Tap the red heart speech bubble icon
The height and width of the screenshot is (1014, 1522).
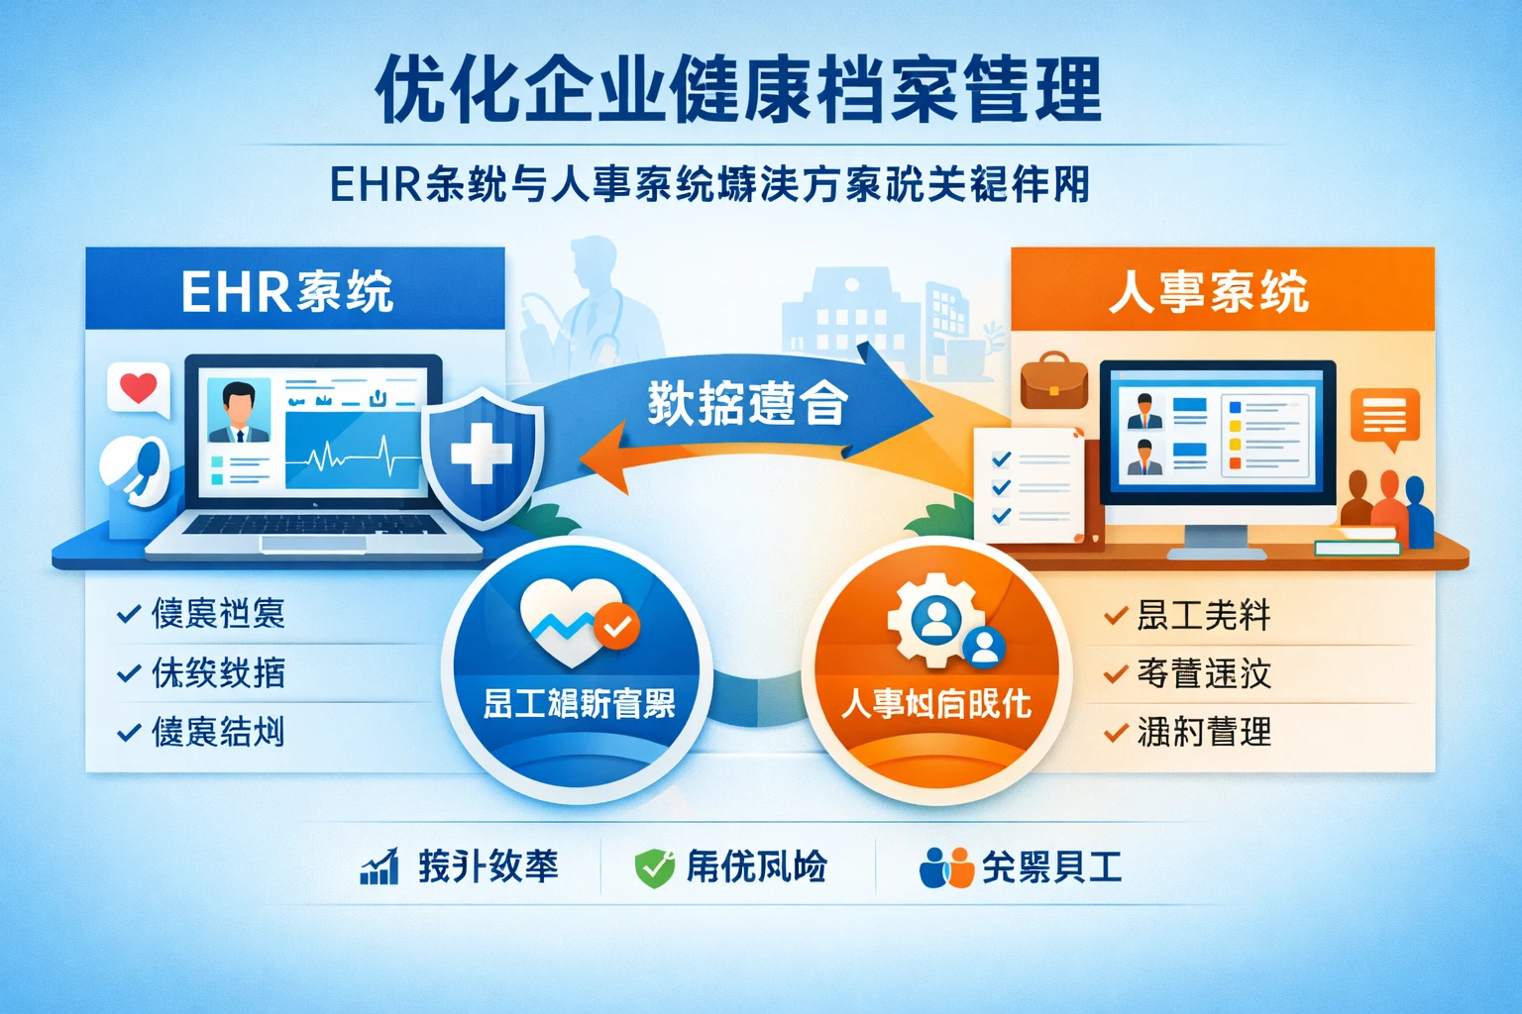138,387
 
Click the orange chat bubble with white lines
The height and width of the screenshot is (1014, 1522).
1384,416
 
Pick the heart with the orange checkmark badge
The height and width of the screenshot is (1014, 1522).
576,621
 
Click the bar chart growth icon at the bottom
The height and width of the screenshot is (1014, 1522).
379,867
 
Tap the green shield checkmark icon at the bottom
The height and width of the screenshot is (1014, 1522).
654,867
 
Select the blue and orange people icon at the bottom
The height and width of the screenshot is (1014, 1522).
945,867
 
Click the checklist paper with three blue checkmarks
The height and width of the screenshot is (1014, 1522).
1029,485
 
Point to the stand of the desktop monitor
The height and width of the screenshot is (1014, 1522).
1217,539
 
